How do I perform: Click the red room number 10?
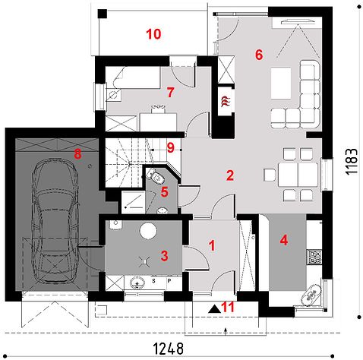tap(153, 34)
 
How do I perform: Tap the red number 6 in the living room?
tap(259, 55)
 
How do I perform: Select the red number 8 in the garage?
tap(77, 153)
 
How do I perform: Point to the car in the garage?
tap(55, 221)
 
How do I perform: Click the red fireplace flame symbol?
tap(226, 101)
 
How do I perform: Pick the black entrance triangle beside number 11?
tap(214, 309)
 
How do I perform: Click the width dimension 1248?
tap(168, 349)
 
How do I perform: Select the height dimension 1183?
tap(352, 162)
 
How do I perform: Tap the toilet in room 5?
tap(156, 176)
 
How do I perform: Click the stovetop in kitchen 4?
tap(314, 257)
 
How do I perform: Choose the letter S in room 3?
tap(153, 281)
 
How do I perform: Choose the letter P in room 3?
tap(169, 281)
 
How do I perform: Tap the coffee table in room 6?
tap(280, 83)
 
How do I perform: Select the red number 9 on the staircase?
tap(171, 148)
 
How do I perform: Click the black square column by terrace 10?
tap(103, 14)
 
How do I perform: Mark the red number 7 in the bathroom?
tap(170, 93)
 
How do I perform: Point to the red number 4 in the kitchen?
tap(284, 240)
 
